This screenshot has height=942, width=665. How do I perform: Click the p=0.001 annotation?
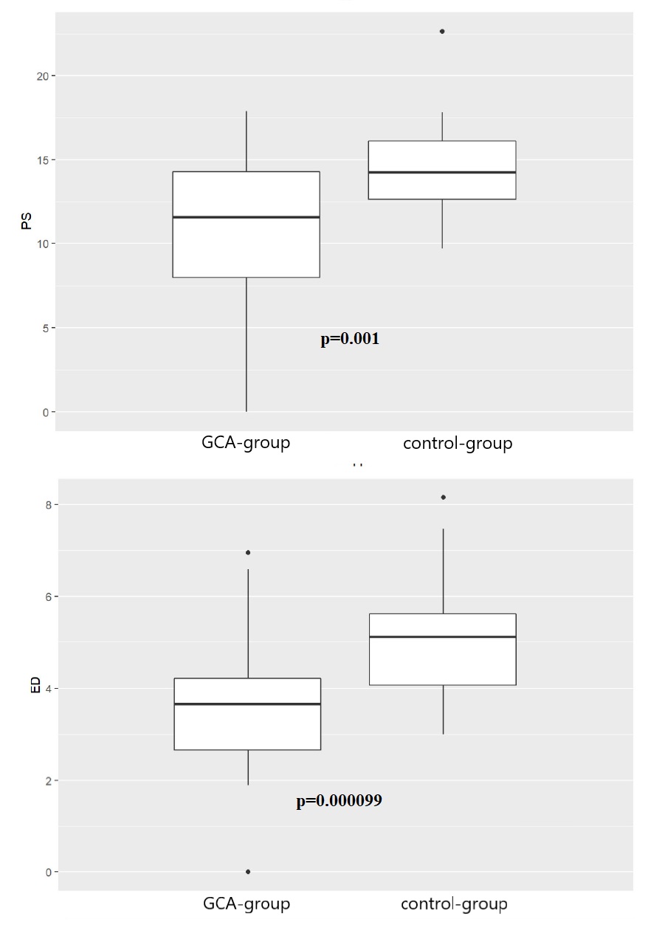(x=350, y=340)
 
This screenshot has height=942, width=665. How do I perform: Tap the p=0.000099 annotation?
(x=339, y=801)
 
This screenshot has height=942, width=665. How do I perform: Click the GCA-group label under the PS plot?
(x=246, y=443)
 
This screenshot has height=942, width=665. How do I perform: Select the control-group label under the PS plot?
(x=458, y=444)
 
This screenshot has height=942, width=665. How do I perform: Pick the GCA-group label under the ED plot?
(x=247, y=904)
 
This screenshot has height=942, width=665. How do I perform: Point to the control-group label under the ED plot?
(x=454, y=904)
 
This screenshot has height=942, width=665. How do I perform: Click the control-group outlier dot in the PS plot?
(x=442, y=32)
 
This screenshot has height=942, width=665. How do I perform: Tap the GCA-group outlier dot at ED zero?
(x=248, y=872)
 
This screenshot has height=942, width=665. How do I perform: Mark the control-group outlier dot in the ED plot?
(x=443, y=498)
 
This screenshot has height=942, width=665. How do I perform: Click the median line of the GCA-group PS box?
(x=246, y=217)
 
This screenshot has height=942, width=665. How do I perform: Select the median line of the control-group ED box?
(x=442, y=637)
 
